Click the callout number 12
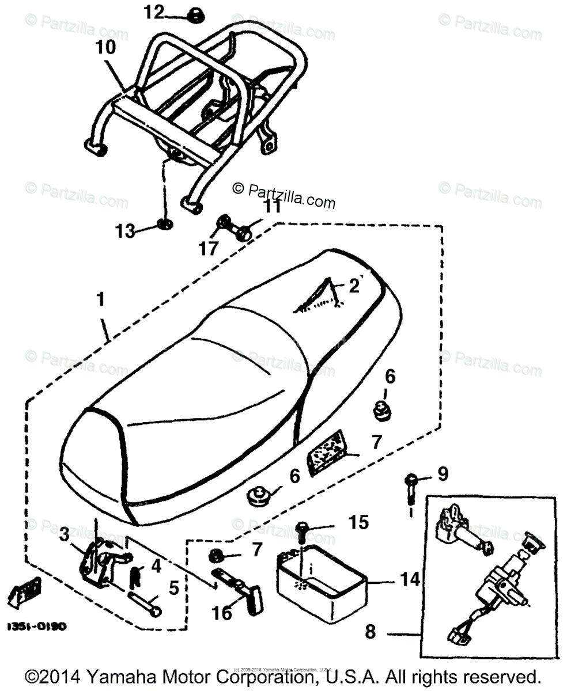click(x=154, y=12)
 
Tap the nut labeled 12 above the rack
click(x=193, y=16)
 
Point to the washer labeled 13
click(x=164, y=223)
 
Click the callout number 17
click(x=210, y=248)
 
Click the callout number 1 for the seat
click(x=101, y=299)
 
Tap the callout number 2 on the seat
click(x=354, y=286)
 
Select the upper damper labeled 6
click(x=381, y=409)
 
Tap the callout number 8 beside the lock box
click(x=369, y=632)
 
